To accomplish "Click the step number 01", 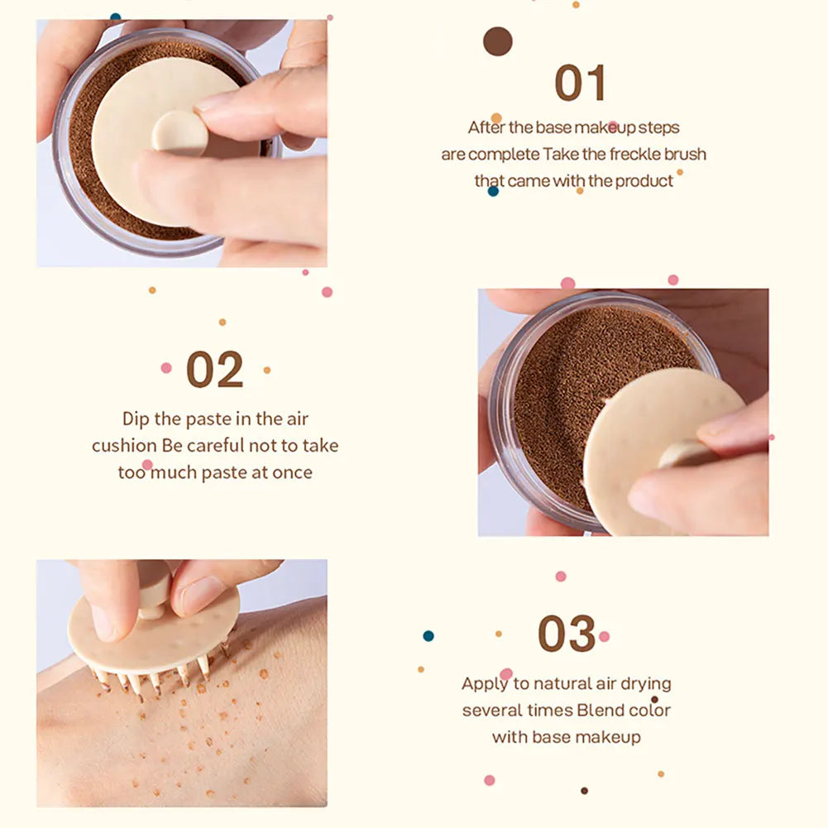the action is click(x=580, y=83).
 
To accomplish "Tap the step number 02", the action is click(x=215, y=370).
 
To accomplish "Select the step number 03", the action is click(x=567, y=634).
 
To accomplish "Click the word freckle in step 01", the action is click(x=634, y=154).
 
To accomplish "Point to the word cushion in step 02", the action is click(x=124, y=446).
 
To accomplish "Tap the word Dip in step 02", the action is click(x=136, y=419).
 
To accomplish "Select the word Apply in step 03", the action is click(x=485, y=684).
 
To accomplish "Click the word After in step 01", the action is click(x=486, y=127).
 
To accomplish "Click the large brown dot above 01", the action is click(x=497, y=41).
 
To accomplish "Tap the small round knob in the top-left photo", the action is click(x=179, y=133).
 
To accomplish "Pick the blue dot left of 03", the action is click(x=428, y=636).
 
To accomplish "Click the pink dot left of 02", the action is click(x=166, y=368).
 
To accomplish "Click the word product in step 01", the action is click(x=644, y=181).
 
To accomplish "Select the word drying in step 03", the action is click(x=645, y=684).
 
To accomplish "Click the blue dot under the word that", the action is click(x=493, y=191).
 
